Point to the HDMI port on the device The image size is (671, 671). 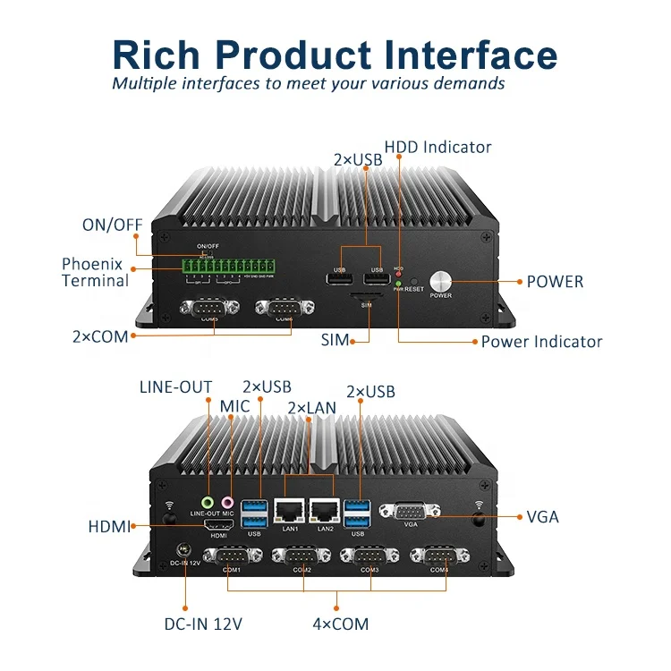pos(218,523)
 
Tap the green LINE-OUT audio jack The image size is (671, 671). pos(208,503)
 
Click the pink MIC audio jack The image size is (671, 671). pos(227,503)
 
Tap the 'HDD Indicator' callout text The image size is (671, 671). pos(437,147)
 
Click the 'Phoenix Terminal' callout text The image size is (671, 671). pos(95,272)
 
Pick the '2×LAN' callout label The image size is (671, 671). pos(311,407)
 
